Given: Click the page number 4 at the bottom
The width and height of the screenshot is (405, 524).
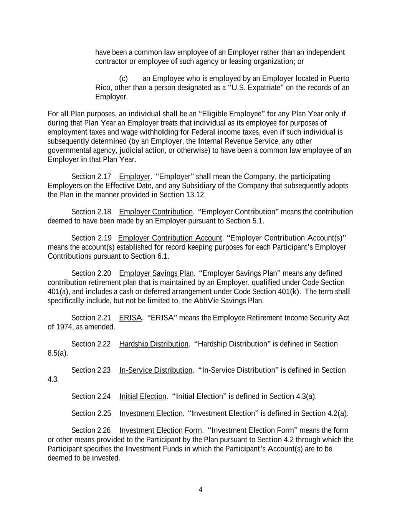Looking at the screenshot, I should [x=200, y=489].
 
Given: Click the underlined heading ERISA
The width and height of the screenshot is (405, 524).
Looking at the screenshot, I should [x=131, y=318].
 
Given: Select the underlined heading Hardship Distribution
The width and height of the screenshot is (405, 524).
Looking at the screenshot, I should [x=154, y=344].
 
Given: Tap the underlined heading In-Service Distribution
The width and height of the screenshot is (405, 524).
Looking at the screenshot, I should [x=155, y=370].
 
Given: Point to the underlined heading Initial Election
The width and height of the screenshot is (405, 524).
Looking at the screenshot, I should [x=142, y=396].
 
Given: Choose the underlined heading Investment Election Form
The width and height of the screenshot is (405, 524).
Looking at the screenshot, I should [x=160, y=430].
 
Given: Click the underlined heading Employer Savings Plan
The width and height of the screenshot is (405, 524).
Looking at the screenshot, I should [x=156, y=273].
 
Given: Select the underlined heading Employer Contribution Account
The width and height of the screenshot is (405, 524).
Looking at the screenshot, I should [x=170, y=238].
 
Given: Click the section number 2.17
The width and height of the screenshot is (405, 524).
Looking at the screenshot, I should [x=104, y=177].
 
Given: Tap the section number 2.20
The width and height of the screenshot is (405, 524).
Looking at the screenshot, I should [x=104, y=273].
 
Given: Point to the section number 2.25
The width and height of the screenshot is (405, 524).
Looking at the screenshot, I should [x=104, y=413].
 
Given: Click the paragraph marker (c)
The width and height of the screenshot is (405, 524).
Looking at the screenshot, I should [x=124, y=79].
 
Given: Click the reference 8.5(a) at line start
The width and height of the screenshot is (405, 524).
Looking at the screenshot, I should [x=58, y=353].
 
